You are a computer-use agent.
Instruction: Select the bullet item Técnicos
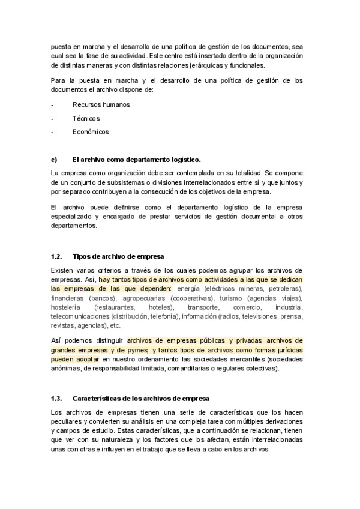(x=86, y=118)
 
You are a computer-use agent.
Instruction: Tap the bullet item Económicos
(x=91, y=132)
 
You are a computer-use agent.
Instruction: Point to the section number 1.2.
(x=57, y=256)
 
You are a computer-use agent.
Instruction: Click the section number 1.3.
(x=57, y=398)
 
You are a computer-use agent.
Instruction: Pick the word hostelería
(x=68, y=307)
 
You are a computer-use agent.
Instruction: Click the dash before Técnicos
(x=53, y=118)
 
